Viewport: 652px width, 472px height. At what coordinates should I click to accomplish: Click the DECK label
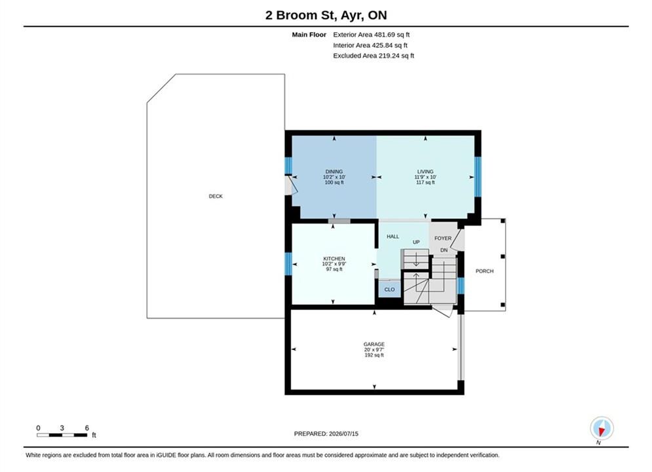[216, 196]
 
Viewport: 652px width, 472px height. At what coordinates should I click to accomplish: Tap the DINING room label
[334, 171]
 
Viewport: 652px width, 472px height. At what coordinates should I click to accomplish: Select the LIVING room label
[425, 171]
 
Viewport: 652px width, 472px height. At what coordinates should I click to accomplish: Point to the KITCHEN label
[334, 259]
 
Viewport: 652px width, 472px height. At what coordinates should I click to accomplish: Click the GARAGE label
[374, 344]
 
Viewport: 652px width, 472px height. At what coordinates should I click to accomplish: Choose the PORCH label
[484, 271]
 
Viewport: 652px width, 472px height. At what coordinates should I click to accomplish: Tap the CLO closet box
[390, 290]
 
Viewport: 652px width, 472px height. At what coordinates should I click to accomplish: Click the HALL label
[393, 237]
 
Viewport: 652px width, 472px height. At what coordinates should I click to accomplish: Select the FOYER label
[443, 238]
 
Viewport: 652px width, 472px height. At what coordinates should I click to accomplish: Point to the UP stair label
[416, 242]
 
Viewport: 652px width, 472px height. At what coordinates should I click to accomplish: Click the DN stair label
[444, 250]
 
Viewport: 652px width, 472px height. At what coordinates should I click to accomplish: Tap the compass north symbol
[602, 428]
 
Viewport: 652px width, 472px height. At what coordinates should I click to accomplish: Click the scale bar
[62, 435]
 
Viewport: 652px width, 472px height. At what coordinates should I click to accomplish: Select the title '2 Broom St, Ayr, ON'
[326, 15]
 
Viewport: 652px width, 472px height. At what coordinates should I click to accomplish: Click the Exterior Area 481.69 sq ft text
[372, 35]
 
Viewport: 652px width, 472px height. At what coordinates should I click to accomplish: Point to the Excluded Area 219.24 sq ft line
[374, 55]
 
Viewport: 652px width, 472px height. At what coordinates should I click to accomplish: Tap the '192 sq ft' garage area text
[374, 355]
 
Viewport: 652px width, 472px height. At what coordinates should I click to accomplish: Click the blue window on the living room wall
[478, 176]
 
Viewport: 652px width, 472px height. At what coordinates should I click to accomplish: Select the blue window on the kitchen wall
[288, 264]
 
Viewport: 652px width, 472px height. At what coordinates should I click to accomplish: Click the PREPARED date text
[326, 434]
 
